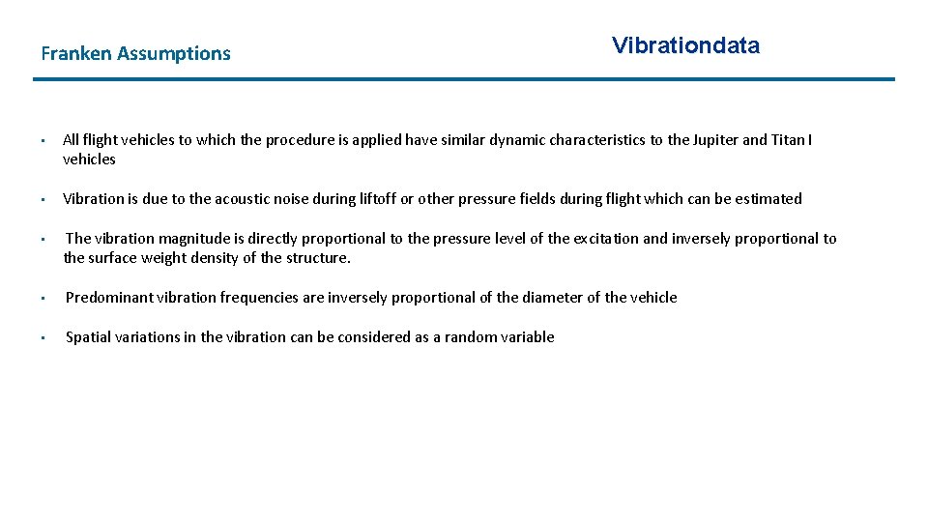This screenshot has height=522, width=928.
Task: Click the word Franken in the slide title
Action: (76, 54)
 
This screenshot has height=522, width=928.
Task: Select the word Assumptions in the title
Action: (174, 54)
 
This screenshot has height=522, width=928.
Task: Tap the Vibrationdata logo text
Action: (685, 45)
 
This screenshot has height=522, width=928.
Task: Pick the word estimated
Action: (768, 199)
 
